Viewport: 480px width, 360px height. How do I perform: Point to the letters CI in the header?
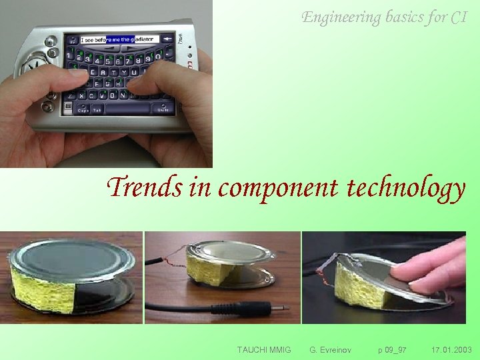(x=459, y=17)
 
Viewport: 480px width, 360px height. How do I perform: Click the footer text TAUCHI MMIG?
(x=264, y=349)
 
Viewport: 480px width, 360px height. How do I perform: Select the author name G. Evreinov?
(x=331, y=349)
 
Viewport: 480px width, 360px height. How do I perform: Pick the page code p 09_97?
(x=392, y=349)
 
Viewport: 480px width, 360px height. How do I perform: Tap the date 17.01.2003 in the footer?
(x=451, y=349)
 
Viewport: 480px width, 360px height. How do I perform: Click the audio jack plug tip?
(x=283, y=308)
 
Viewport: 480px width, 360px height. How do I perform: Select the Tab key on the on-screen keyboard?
(x=97, y=110)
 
